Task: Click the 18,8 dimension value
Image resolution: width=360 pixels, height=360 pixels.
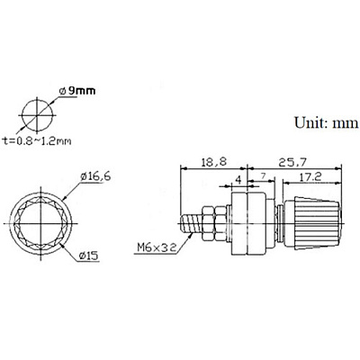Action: coord(214,162)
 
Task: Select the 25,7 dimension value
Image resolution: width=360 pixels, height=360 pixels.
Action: coord(292,162)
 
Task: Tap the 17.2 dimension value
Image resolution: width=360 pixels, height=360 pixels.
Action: coord(310,176)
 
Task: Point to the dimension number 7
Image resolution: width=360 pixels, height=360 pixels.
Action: coord(263,176)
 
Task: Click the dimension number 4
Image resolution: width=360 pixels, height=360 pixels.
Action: coord(238,180)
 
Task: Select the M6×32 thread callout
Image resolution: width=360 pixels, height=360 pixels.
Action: coord(156,247)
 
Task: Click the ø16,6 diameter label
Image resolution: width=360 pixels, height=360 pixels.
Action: coord(95,176)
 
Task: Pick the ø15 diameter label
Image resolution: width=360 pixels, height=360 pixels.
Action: coord(88,256)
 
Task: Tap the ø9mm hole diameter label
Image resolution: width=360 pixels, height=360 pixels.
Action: coord(77,91)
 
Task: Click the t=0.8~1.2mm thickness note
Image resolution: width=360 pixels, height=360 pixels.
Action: coord(37,140)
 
